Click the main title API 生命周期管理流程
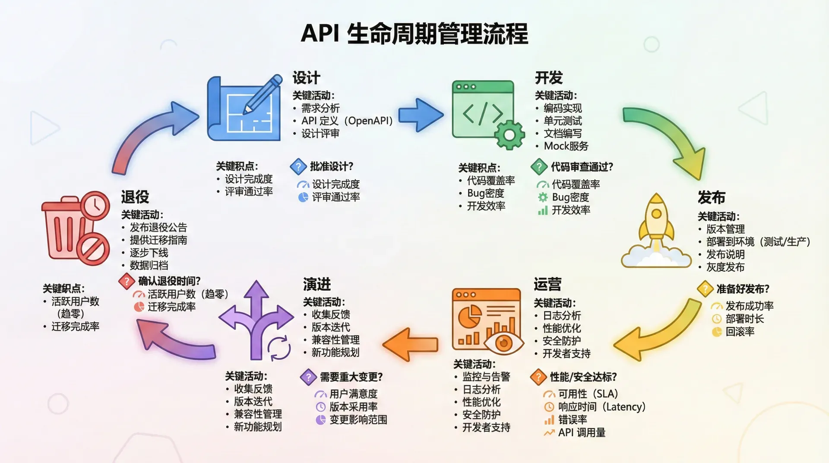pyautogui.click(x=414, y=34)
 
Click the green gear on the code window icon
pyautogui.click(x=509, y=135)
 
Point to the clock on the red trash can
pyautogui.click(x=95, y=206)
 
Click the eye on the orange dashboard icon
pyautogui.click(x=503, y=343)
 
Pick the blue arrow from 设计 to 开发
pyautogui.click(x=420, y=115)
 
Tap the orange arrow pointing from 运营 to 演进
pyautogui.click(x=410, y=344)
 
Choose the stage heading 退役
pyautogui.click(x=135, y=197)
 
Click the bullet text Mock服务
pyautogui.click(x=566, y=146)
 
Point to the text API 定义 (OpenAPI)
pyautogui.click(x=347, y=121)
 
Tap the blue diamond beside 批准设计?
pyautogui.click(x=298, y=166)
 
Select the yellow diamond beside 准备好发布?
pyautogui.click(x=705, y=289)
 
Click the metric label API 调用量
pyautogui.click(x=582, y=432)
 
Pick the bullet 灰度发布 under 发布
pyautogui.click(x=725, y=267)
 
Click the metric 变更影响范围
pyautogui.click(x=358, y=419)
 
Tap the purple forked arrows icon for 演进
pyautogui.click(x=256, y=320)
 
